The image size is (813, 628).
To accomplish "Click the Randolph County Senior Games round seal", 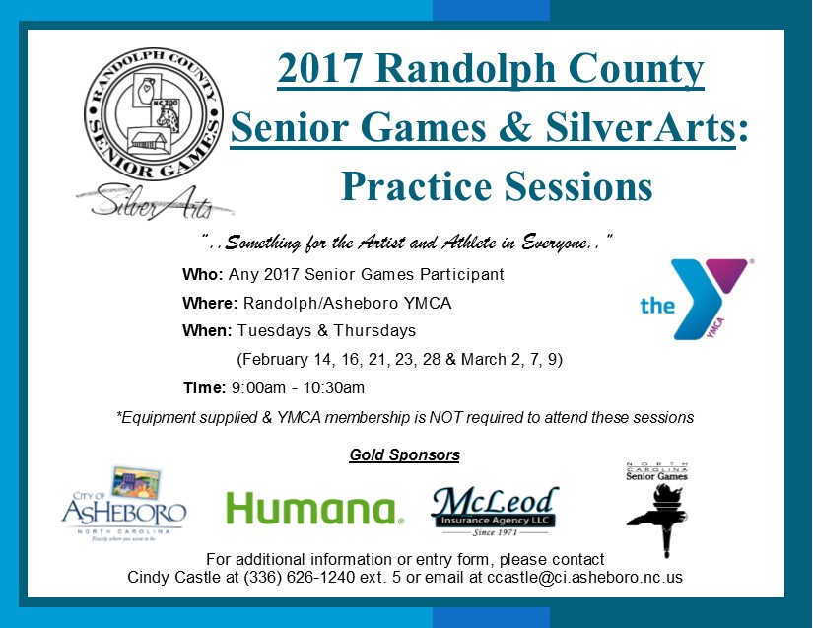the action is [154, 114].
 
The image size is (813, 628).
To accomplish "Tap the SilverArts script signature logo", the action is [156, 202].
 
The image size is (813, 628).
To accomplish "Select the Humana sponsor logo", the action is [315, 508].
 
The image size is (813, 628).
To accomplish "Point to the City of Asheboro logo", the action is [123, 504].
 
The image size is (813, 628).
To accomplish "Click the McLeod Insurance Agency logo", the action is [495, 511].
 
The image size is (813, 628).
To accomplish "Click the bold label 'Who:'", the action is [203, 274].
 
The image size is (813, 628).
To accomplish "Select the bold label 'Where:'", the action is [210, 303].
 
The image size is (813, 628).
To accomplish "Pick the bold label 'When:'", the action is [207, 331].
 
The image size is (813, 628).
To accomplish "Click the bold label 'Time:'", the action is [204, 387].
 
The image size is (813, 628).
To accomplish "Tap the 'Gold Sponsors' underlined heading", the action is [404, 454].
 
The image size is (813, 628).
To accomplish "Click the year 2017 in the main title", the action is [319, 68].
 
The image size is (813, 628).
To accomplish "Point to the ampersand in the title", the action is [514, 126].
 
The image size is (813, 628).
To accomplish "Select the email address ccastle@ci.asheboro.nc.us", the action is [584, 577].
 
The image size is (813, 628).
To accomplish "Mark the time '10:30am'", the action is [333, 387].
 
